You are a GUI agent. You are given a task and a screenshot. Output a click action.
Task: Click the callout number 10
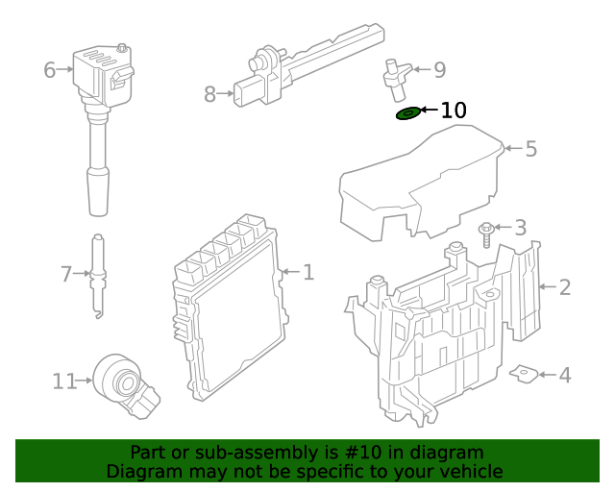[x=454, y=111]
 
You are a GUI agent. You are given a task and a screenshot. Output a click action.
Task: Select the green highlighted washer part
[x=407, y=114]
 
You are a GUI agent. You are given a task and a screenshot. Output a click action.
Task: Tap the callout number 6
[x=50, y=69]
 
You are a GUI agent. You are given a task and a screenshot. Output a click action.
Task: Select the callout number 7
[x=66, y=275]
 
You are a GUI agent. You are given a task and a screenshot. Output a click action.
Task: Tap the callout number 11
[x=64, y=381]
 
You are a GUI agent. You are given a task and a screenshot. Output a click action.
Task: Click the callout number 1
[x=307, y=273]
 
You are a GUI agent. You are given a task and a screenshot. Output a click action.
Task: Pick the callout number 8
[x=210, y=93]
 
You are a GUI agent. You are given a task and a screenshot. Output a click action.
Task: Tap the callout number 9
[x=439, y=69]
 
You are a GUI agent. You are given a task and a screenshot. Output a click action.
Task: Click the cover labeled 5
[x=423, y=187]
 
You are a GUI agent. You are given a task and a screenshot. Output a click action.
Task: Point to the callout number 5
[x=530, y=149]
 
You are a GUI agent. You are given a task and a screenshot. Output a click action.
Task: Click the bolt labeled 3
[x=486, y=234]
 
